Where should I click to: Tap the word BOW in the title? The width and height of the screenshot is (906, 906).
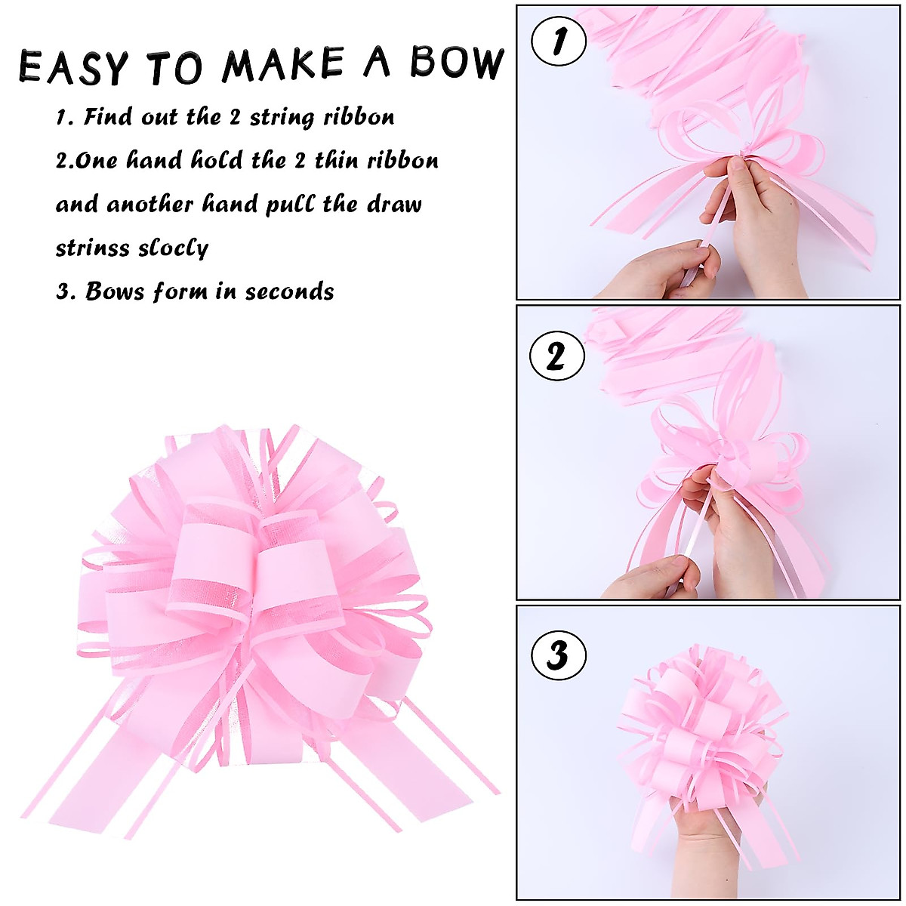pyautogui.click(x=457, y=63)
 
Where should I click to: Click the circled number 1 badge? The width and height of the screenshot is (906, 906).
pyautogui.click(x=559, y=43)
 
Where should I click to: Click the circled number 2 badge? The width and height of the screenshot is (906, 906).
pyautogui.click(x=557, y=355)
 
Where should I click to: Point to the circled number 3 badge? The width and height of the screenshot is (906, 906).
pyautogui.click(x=559, y=655)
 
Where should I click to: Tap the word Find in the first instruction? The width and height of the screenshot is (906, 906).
pyautogui.click(x=110, y=117)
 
